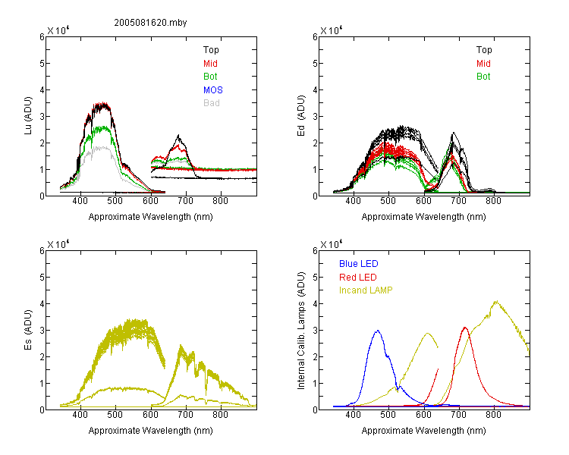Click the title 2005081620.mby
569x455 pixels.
tap(150, 23)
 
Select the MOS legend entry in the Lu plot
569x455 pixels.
tap(213, 89)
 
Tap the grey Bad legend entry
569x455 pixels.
tap(212, 103)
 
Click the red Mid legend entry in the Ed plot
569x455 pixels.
tap(483, 64)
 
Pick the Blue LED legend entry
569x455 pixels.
tap(359, 264)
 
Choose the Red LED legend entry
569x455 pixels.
tap(358, 278)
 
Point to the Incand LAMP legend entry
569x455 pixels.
tap(366, 290)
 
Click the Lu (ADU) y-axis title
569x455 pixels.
tap(28, 116)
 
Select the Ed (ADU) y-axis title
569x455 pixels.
tap(301, 116)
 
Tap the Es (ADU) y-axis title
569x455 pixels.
tap(28, 330)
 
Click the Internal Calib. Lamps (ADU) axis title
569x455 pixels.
tap(301, 330)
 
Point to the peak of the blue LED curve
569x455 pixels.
tap(378, 331)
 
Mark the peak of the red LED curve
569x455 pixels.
tap(465, 328)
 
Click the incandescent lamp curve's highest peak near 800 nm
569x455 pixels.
tap(496, 301)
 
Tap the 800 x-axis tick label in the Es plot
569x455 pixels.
tap(220, 414)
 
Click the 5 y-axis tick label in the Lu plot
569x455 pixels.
tap(42, 63)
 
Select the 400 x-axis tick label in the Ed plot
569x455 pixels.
tap(353, 201)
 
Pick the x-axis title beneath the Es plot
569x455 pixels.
tap(151, 430)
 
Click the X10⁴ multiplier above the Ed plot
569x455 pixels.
tap(332, 30)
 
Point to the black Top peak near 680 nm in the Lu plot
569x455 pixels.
tap(178, 135)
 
